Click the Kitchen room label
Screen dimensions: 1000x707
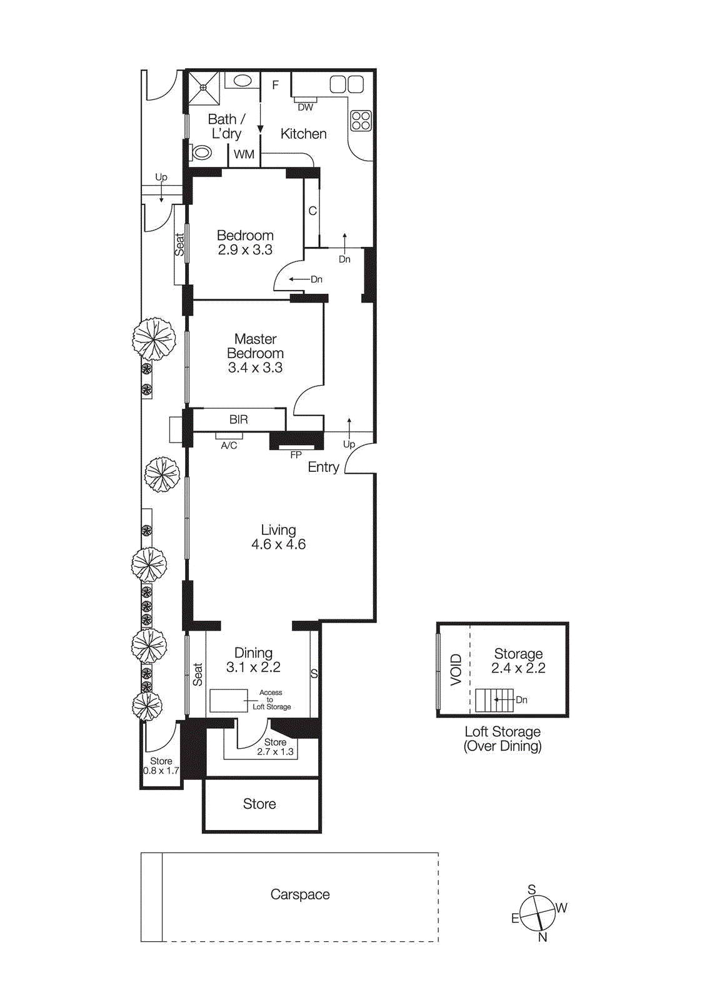click(303, 134)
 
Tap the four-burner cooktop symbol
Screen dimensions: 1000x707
click(361, 121)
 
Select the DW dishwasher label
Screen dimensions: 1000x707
click(305, 107)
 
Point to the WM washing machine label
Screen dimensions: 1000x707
click(244, 154)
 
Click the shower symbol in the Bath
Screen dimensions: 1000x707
click(203, 88)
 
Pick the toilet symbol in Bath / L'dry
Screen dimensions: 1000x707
click(202, 152)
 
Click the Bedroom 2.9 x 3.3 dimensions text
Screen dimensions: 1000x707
click(245, 250)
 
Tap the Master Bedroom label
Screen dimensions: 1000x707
click(255, 346)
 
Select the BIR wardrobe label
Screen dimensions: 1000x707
click(238, 420)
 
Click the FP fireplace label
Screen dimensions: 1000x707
click(296, 455)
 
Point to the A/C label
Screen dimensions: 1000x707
click(229, 446)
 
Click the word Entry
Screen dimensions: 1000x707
click(323, 467)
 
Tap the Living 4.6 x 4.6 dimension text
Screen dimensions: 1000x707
click(278, 544)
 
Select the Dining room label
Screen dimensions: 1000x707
click(253, 653)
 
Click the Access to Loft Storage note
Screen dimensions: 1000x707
click(271, 700)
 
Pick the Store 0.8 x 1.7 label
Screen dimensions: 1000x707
click(161, 766)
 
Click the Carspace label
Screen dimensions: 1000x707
click(300, 894)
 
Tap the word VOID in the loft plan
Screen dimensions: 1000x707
click(456, 669)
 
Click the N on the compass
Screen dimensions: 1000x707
click(543, 937)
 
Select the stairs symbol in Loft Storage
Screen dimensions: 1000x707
click(494, 700)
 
